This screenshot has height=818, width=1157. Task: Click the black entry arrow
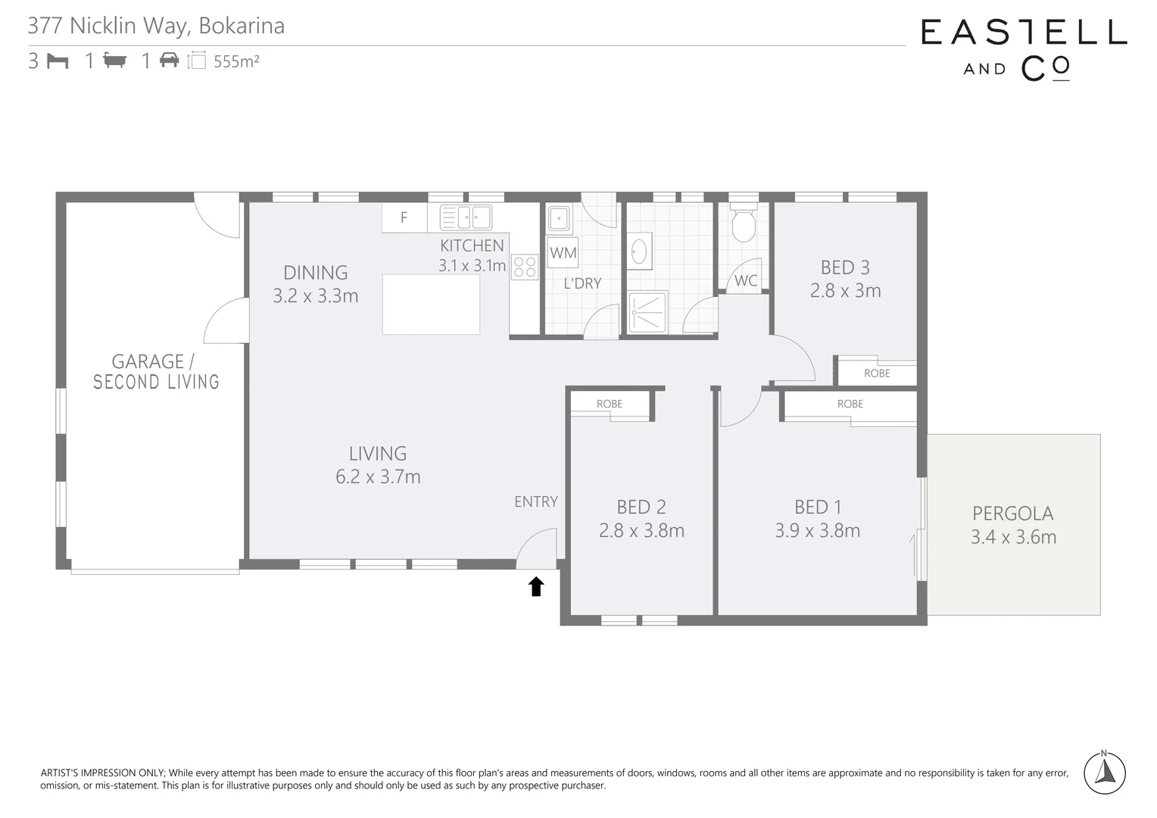click(x=536, y=586)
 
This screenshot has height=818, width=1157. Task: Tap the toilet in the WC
click(x=744, y=223)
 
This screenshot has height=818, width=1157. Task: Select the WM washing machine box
click(x=563, y=253)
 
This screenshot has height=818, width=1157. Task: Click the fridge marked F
click(x=404, y=218)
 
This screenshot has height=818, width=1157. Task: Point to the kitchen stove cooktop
click(x=525, y=267)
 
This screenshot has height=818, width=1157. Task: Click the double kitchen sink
click(x=466, y=218)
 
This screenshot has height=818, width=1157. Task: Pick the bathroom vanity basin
click(x=639, y=251)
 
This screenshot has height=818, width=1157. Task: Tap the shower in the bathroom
click(x=647, y=311)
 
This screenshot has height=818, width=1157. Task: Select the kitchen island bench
click(x=431, y=304)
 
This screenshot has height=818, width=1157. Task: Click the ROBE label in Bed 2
click(x=610, y=404)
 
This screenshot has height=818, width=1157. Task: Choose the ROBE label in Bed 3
click(x=877, y=373)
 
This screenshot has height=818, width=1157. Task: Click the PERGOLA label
click(x=1012, y=514)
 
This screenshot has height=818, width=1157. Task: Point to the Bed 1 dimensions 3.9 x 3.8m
click(x=817, y=531)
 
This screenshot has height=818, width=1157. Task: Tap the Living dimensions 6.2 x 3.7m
click(x=378, y=477)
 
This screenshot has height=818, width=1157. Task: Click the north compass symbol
click(x=1104, y=773)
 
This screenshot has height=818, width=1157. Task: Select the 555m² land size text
click(x=236, y=62)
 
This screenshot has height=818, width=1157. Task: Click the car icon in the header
click(x=169, y=61)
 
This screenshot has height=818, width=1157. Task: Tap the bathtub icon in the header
click(x=114, y=61)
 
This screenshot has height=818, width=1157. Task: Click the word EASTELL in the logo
click(x=1024, y=33)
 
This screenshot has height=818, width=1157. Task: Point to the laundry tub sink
click(x=559, y=219)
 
